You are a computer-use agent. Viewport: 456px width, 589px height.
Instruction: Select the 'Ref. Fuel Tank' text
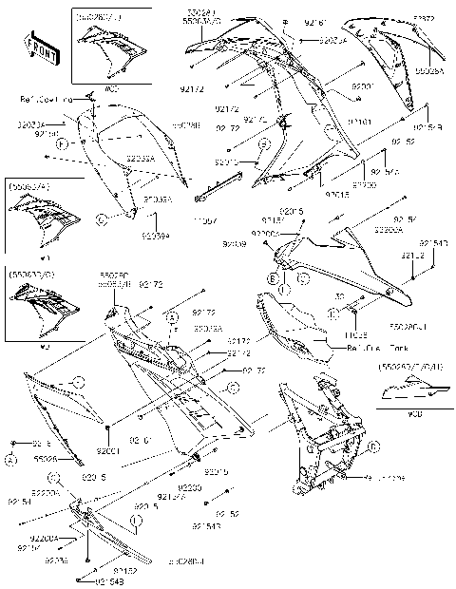click(357, 347)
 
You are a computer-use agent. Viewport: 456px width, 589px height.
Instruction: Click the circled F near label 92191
click(62, 144)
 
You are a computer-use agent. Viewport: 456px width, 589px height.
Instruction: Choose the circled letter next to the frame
click(375, 446)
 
